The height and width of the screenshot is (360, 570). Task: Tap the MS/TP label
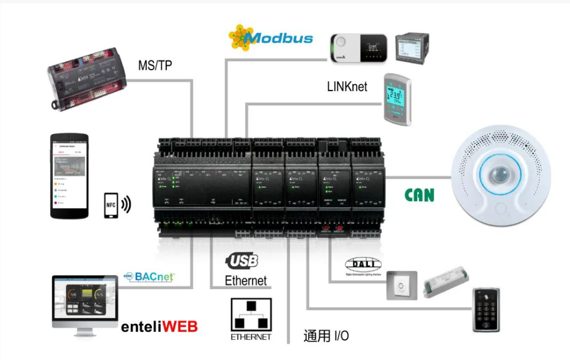pyautogui.click(x=155, y=66)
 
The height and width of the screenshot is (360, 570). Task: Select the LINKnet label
pyautogui.click(x=347, y=87)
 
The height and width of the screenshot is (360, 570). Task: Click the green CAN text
pyautogui.click(x=420, y=195)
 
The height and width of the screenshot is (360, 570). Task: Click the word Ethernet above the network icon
pyautogui.click(x=246, y=281)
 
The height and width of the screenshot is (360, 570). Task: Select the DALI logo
pyautogui.click(x=363, y=264)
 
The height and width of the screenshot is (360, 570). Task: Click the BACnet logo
pyautogui.click(x=149, y=276)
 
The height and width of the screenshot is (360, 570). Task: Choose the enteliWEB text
pyautogui.click(x=159, y=327)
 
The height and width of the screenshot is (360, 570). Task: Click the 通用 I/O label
pyautogui.click(x=326, y=336)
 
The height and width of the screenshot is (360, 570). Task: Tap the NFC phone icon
pyautogui.click(x=112, y=205)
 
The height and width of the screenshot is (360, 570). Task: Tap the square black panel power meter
pyautogui.click(x=412, y=48)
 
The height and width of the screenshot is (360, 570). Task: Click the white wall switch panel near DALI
pyautogui.click(x=401, y=285)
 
